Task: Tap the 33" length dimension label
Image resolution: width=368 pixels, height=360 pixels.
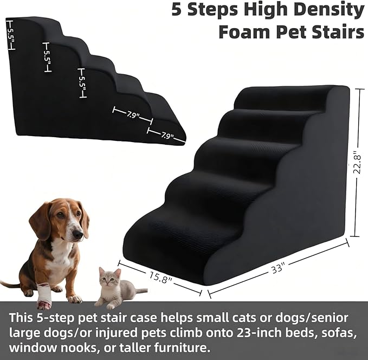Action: [279, 268]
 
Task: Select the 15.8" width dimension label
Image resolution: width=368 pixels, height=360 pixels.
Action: [160, 279]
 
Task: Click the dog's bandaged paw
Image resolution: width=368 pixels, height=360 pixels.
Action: [44, 294]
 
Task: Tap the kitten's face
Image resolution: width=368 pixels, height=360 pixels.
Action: [111, 280]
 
